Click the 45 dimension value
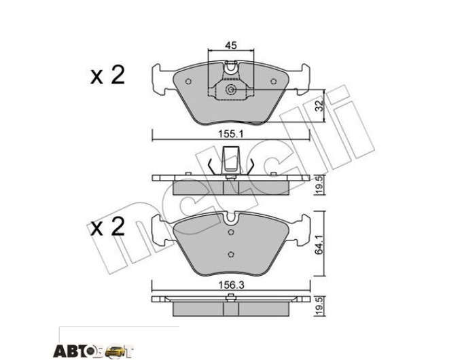(231, 46)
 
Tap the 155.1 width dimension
(230, 134)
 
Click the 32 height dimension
(319, 105)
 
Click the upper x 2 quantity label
(107, 75)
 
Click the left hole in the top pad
(189, 82)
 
